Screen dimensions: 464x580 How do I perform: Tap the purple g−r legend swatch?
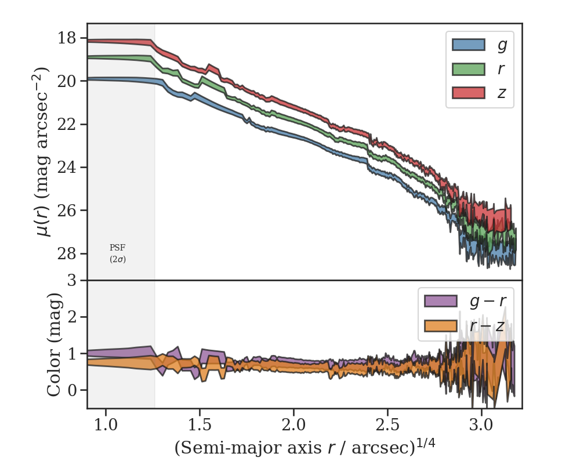(441, 300)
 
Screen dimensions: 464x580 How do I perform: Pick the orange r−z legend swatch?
(441, 325)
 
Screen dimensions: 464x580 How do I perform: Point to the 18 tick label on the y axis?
(68, 38)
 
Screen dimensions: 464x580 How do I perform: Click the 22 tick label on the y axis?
(68, 124)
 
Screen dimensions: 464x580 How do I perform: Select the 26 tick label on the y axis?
(68, 210)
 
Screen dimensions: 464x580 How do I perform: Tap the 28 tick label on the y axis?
(68, 253)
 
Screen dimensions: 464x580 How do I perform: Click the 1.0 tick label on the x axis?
(106, 426)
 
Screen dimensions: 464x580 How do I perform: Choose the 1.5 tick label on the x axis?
(200, 426)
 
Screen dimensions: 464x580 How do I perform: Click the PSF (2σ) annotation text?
(118, 253)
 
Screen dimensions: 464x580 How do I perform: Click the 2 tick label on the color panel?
(73, 317)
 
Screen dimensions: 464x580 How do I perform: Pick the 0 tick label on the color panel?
(73, 390)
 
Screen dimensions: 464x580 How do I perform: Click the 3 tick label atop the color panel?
(73, 281)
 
